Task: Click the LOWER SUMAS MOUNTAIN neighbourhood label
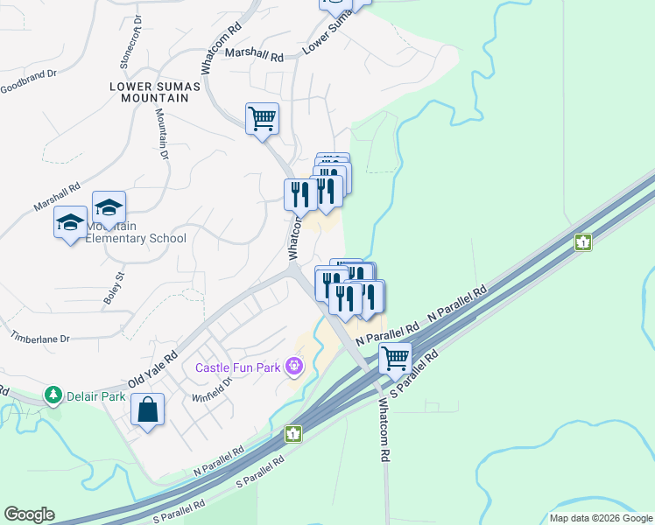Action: [x=155, y=92]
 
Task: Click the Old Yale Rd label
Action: [x=152, y=369]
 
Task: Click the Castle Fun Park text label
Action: [x=237, y=367]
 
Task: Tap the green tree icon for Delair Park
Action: [x=54, y=395]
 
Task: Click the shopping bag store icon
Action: [x=147, y=409]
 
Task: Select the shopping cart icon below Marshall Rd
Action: [x=262, y=117]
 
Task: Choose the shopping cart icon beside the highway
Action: [x=395, y=357]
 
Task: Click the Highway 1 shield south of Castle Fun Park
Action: [x=292, y=433]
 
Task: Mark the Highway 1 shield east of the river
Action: [x=582, y=242]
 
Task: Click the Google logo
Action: [x=29, y=514]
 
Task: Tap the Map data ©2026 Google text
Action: [x=600, y=518]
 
